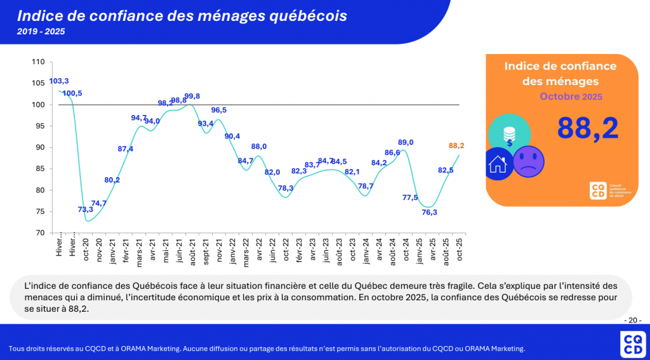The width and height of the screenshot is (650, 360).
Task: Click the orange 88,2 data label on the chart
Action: click(x=456, y=145)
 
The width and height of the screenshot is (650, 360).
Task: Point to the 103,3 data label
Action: click(x=59, y=81)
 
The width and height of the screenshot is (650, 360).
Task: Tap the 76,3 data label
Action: click(x=429, y=212)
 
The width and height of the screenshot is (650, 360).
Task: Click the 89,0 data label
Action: click(x=406, y=142)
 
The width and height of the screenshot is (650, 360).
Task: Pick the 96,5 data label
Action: click(x=218, y=110)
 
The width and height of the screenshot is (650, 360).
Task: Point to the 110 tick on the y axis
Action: click(x=39, y=62)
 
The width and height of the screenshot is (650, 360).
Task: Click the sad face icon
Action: click(x=529, y=162)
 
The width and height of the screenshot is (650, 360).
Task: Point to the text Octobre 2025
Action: click(x=571, y=97)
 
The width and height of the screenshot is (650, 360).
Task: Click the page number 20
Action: click(x=633, y=320)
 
